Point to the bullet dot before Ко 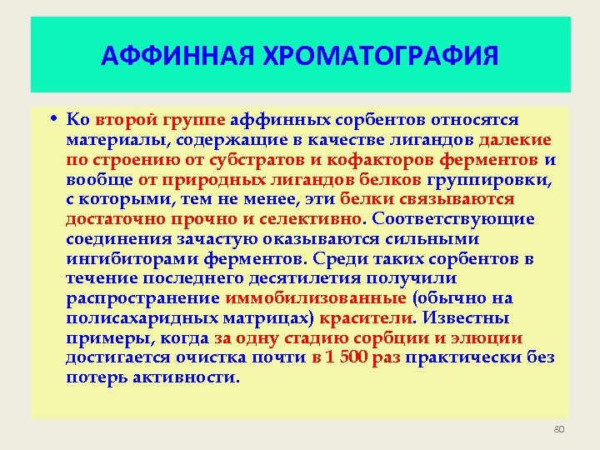tap(52, 120)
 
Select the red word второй tap(122, 120)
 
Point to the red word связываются tap(462, 199)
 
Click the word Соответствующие tap(454, 219)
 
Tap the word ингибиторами tap(117, 258)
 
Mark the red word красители tap(367, 318)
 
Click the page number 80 tap(558, 429)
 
